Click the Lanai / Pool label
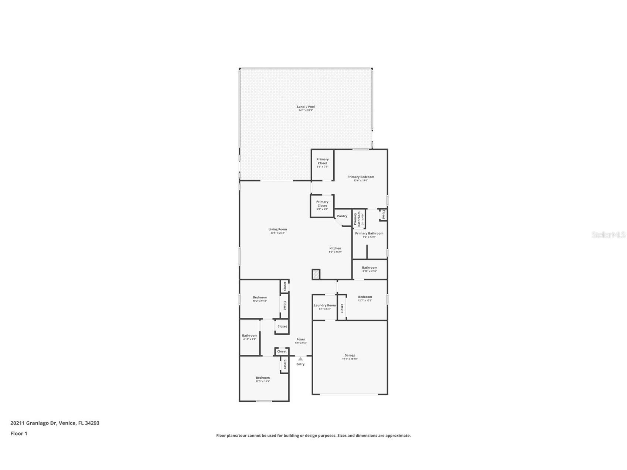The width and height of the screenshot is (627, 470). click(306, 107)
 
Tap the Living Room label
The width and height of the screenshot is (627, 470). click(277, 229)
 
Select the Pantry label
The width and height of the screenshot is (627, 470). click(342, 216)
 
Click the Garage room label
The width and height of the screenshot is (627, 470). click(350, 355)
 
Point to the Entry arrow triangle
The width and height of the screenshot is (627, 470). click(300, 359)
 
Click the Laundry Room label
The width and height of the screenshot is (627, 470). click(325, 306)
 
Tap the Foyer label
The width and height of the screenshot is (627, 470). click(301, 340)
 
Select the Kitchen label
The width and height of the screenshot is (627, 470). click(335, 248)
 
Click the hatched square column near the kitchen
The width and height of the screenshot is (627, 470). click(316, 274)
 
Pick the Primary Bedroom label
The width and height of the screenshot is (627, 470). click(361, 177)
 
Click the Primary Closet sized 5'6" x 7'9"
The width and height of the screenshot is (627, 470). click(322, 161)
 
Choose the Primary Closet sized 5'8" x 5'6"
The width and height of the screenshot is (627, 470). click(322, 204)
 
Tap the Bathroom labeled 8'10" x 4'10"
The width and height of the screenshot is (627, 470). click(369, 268)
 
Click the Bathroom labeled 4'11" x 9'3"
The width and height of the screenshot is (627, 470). click(249, 336)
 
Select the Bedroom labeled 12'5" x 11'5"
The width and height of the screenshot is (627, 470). click(263, 378)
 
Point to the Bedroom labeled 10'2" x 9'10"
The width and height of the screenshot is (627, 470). click(260, 297)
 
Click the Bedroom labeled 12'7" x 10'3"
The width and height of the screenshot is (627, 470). click(365, 297)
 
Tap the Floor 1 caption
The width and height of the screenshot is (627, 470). click(18, 434)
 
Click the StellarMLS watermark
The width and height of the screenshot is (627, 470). click(608, 235)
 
